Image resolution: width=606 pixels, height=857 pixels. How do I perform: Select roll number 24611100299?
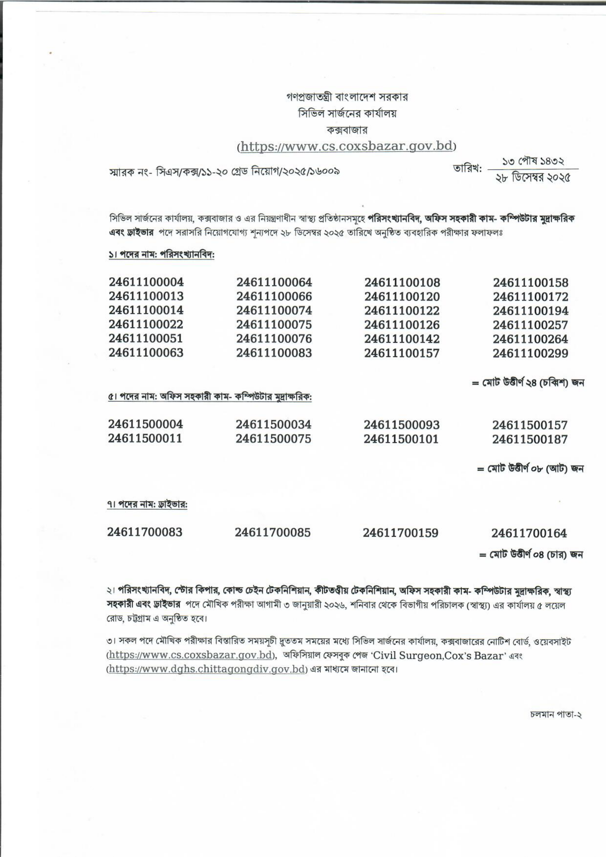[530, 353]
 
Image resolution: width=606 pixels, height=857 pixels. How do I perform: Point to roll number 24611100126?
[402, 325]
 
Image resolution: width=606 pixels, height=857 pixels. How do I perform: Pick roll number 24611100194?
[530, 311]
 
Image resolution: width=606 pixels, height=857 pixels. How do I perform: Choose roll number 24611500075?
[273, 439]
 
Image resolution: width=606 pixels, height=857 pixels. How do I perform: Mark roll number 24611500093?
[402, 425]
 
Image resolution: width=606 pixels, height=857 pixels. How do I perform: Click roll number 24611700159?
[401, 533]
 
